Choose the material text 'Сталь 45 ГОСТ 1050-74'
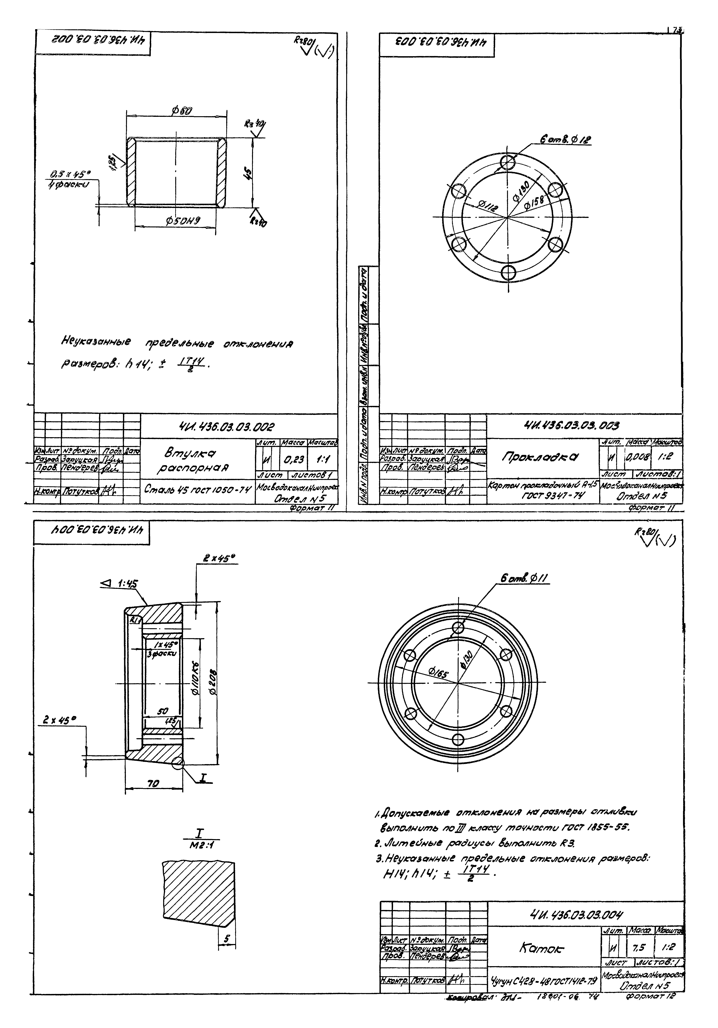pos(197,489)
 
